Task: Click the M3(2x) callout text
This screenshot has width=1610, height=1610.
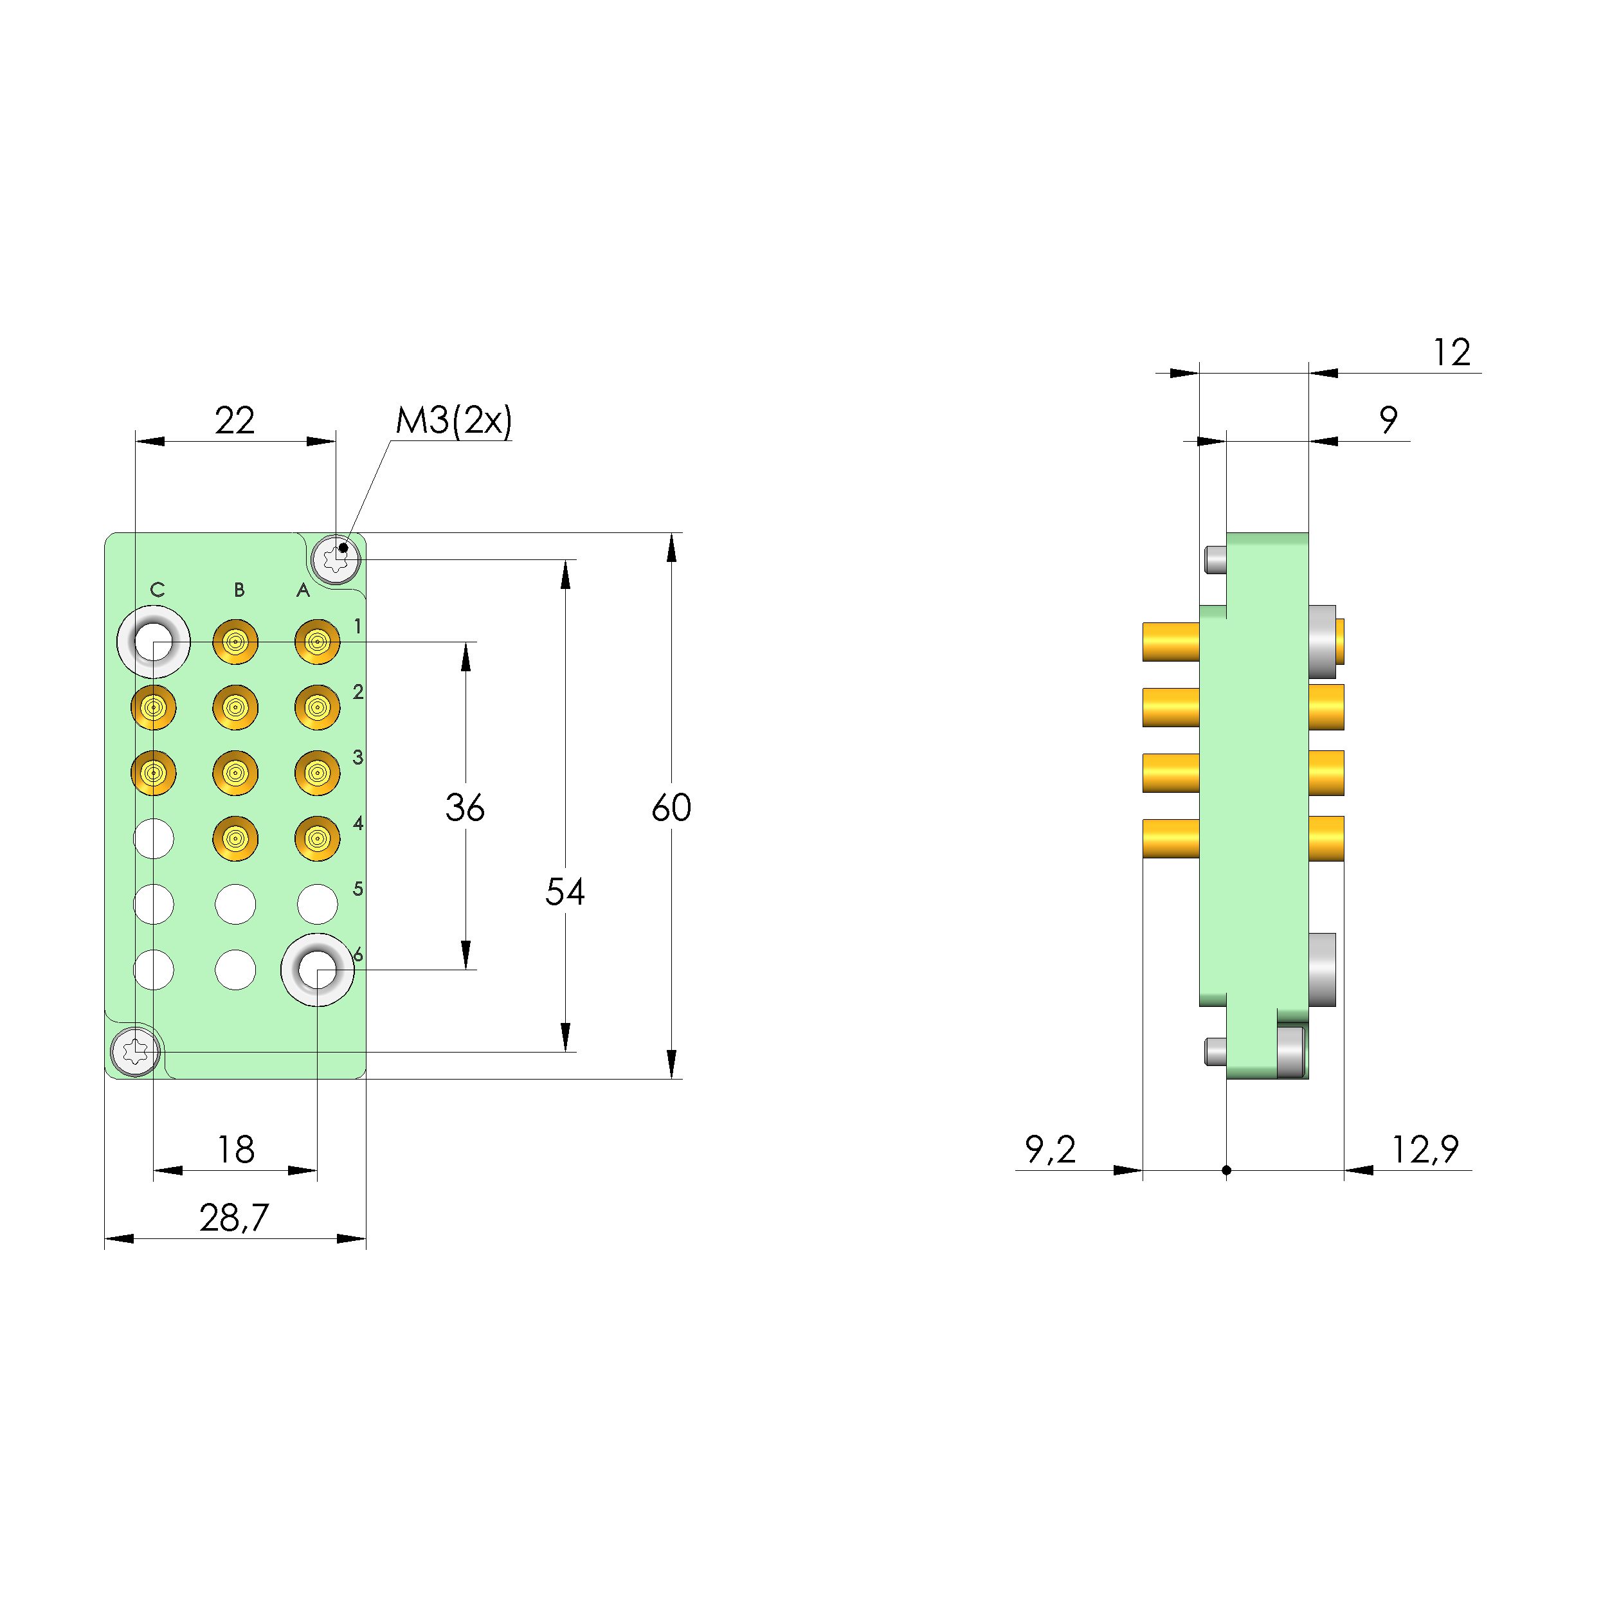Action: pos(453,421)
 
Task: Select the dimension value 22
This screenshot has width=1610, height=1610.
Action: pos(234,421)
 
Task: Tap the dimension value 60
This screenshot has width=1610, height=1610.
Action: pos(671,808)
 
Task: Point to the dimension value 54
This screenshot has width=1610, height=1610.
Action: pos(565,892)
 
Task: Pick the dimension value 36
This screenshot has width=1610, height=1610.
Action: pos(465,808)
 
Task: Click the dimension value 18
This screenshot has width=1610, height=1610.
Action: pos(236,1150)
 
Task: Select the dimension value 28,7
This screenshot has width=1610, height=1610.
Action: pos(234,1218)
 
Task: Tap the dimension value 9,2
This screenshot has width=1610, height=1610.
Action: pos(1050,1150)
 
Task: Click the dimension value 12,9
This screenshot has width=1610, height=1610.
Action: pos(1425,1150)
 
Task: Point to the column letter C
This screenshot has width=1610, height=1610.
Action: pos(158,590)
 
